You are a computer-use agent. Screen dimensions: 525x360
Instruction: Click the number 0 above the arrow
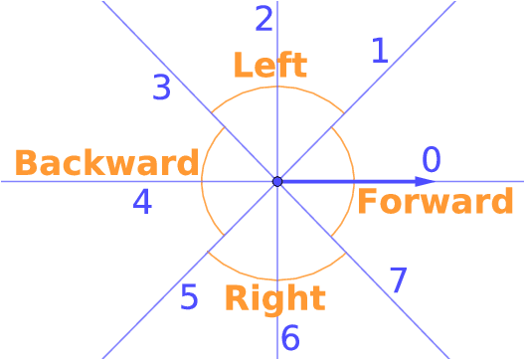click(431, 159)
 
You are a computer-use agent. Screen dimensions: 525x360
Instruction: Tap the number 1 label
click(379, 50)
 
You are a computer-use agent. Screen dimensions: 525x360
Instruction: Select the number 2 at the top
click(263, 18)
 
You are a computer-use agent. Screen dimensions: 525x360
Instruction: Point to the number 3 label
click(162, 88)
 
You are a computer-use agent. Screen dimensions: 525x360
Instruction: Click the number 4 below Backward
click(142, 202)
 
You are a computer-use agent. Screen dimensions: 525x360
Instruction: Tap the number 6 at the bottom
click(289, 338)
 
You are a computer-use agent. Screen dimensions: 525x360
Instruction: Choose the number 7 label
click(398, 280)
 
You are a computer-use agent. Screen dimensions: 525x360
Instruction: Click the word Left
click(269, 66)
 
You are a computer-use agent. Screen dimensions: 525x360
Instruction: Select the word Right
click(274, 298)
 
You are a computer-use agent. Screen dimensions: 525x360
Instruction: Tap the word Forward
click(435, 202)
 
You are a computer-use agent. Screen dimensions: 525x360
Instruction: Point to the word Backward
click(106, 162)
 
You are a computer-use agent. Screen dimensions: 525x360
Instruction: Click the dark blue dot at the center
click(277, 181)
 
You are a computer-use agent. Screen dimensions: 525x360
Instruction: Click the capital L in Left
click(242, 66)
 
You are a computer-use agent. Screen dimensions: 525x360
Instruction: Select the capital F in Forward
click(366, 202)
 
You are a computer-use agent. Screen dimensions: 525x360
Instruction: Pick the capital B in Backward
click(25, 162)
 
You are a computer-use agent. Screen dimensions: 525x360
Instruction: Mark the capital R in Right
click(235, 298)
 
